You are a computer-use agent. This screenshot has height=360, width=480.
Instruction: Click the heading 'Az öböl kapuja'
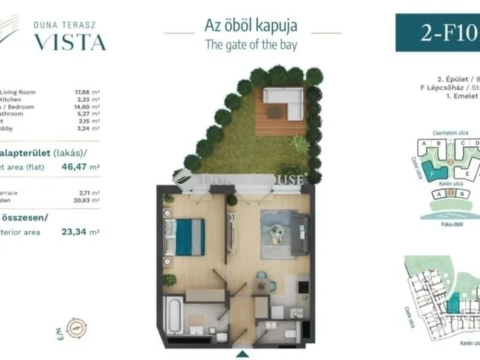(x=250, y=24)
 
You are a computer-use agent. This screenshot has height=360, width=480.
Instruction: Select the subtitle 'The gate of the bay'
(x=250, y=44)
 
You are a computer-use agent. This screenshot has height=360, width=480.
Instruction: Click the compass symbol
(x=75, y=327)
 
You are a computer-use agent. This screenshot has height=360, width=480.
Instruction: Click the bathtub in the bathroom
(x=172, y=313)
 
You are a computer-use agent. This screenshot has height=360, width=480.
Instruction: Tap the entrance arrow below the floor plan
(x=241, y=353)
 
